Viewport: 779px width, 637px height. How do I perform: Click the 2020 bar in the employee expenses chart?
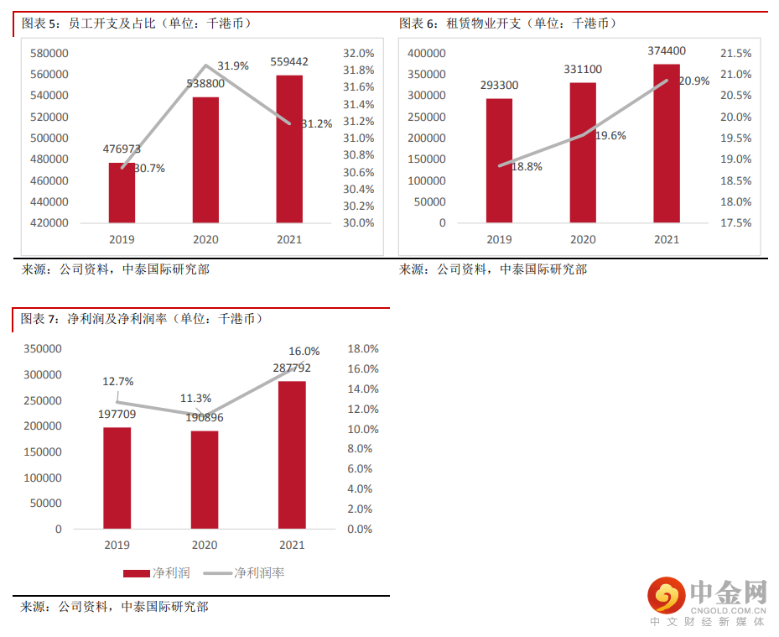pos(205,159)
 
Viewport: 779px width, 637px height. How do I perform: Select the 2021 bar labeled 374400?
pos(667,143)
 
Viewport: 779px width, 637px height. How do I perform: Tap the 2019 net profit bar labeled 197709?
pos(117,478)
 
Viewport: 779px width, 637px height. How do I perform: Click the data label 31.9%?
pos(233,65)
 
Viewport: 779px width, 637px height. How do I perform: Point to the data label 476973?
pos(122,149)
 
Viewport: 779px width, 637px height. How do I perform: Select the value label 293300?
pos(499,85)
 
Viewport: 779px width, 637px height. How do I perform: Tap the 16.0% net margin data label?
pos(304,351)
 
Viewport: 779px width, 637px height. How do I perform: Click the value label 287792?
pos(292,368)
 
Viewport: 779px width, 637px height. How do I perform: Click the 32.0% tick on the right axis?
pos(359,53)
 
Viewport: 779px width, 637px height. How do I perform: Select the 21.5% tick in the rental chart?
pos(736,53)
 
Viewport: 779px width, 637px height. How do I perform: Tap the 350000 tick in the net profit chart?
pos(43,348)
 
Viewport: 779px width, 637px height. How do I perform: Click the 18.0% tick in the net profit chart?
pos(363,348)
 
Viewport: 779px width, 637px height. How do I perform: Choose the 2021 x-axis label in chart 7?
pos(292,545)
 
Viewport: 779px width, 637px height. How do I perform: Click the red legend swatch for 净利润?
pos(136,573)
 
